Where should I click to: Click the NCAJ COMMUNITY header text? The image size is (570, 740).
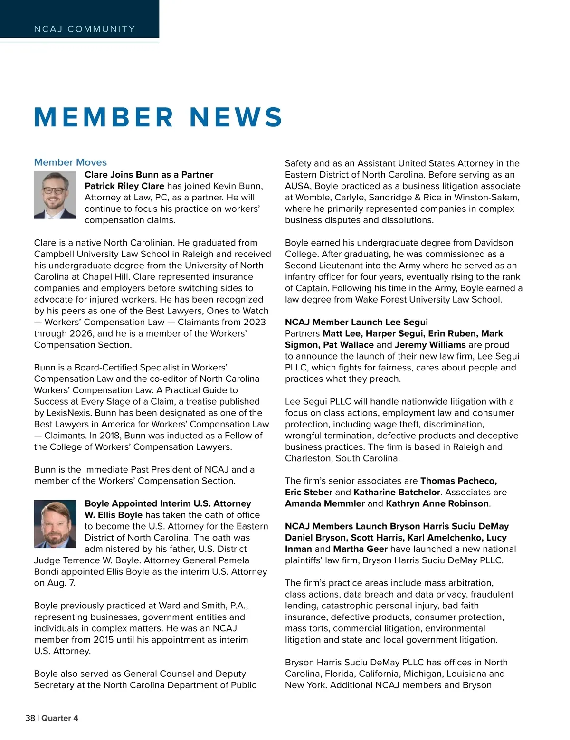85,29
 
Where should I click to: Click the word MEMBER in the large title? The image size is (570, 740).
104,117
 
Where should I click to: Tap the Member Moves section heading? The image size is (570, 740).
70,162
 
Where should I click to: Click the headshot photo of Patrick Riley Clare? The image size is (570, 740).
55,195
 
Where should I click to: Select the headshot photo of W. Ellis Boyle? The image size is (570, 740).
55,524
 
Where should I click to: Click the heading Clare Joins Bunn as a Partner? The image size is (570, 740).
149,175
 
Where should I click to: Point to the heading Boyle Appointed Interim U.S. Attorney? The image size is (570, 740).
168,503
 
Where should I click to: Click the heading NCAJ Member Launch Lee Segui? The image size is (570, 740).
356,322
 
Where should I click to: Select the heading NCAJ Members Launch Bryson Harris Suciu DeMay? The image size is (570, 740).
397,526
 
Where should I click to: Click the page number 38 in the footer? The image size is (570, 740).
30,718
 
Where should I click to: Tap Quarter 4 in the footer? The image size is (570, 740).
60,718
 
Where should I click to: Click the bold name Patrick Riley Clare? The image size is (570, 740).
124,186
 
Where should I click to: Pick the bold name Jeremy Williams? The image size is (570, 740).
430,345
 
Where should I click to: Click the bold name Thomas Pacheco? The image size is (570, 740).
458,481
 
